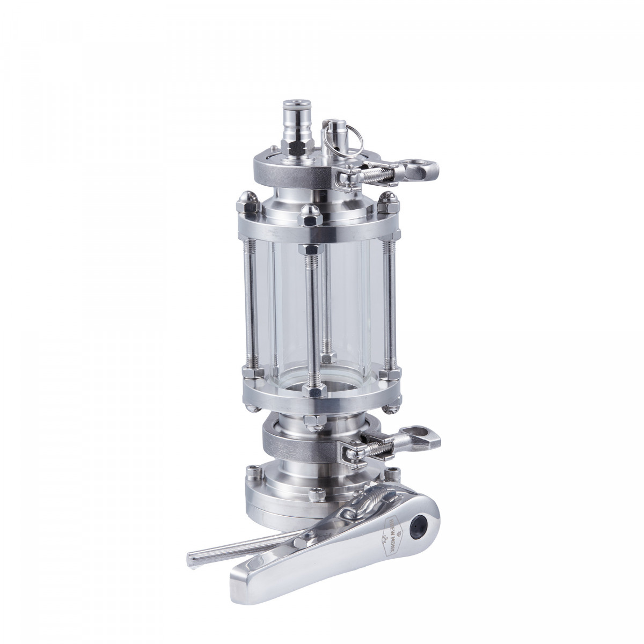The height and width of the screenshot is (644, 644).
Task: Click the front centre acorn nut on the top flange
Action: pyautogui.click(x=310, y=214)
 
